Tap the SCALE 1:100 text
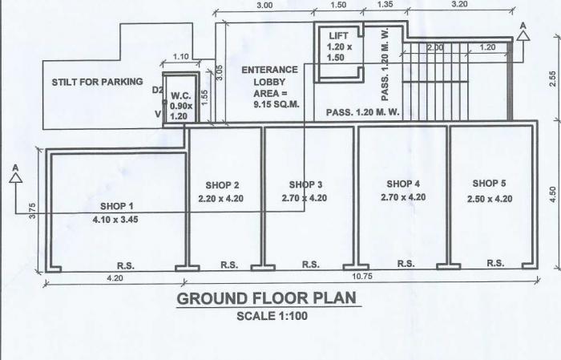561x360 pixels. tap(272, 315)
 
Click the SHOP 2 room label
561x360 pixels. tap(222, 185)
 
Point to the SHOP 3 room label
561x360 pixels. tap(306, 184)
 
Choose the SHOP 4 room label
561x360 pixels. tap(403, 184)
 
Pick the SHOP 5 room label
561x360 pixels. tap(489, 184)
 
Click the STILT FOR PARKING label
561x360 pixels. tap(97, 82)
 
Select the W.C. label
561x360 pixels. tap(180, 95)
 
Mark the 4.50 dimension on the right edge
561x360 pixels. tap(552, 195)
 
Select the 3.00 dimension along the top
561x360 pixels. tap(263, 5)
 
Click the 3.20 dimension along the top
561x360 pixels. tap(460, 5)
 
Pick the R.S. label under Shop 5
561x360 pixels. tap(495, 263)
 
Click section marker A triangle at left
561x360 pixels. tap(14, 177)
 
